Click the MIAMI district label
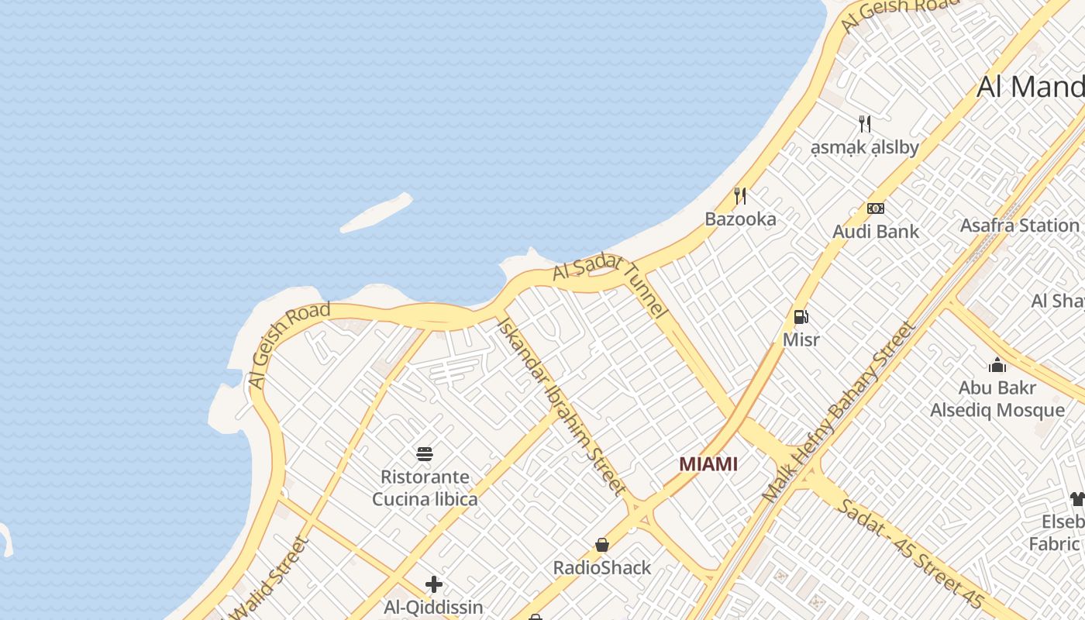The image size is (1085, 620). coord(708,464)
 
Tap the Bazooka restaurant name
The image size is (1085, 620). coord(740,219)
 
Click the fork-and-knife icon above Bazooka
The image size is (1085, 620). coord(740,195)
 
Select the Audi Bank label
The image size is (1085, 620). coord(876,231)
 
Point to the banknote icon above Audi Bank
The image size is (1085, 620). coord(876,208)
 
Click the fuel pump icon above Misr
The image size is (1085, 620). coord(801,316)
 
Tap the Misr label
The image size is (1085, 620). coord(801,339)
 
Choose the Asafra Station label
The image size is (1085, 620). coord(1019,226)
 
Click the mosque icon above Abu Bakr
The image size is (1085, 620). coord(997,364)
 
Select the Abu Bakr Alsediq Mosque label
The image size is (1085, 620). coord(997,399)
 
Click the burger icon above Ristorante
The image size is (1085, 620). coord(425,453)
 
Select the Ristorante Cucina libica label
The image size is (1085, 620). coord(425,487)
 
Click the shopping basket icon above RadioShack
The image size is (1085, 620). coord(602,545)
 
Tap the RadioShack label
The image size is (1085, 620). coord(602,568)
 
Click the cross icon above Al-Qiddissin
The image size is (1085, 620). coord(434,584)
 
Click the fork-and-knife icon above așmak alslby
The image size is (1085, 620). coord(865,123)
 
